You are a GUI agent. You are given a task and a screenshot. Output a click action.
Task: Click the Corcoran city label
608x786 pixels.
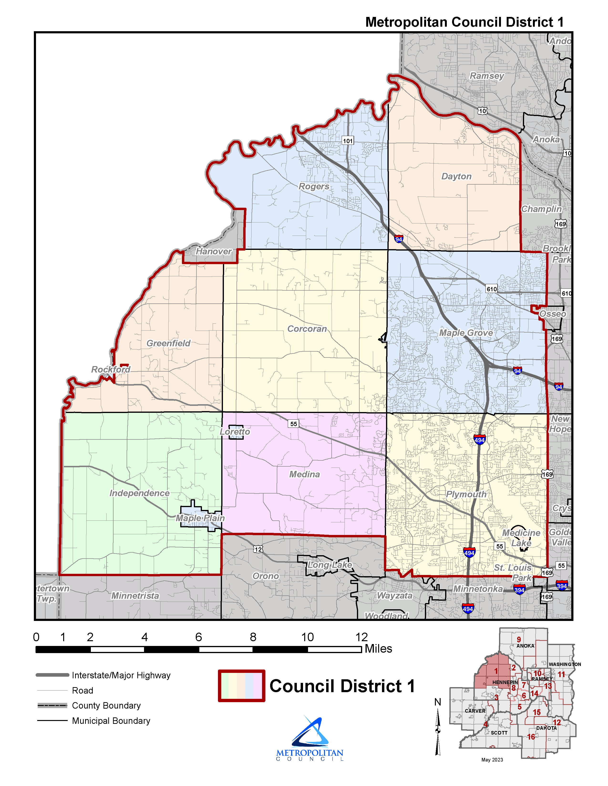pos(307,329)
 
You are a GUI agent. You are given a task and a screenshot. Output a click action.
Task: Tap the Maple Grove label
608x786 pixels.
pos(466,333)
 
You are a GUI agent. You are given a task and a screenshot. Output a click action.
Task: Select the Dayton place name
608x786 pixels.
pos(456,176)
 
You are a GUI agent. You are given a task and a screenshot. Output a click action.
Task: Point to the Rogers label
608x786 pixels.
pos(314,186)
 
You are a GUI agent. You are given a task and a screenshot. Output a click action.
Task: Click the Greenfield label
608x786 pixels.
pos(168,343)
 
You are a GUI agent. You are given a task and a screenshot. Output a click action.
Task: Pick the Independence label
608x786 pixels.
pos(139,493)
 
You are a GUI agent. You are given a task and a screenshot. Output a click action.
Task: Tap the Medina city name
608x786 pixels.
pos(304,474)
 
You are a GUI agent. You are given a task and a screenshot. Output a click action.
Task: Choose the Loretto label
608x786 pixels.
pos(235,432)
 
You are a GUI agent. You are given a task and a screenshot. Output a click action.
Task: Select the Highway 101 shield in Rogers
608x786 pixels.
pos(348,141)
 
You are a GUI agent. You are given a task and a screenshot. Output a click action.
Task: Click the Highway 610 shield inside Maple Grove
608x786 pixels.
pos(492,289)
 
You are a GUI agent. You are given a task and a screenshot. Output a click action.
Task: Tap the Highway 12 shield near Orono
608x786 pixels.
pos(258,549)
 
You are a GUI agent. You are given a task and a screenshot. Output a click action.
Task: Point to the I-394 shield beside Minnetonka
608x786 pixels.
pos(519,590)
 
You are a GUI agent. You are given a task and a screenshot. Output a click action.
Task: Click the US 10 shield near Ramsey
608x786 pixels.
pos(482,111)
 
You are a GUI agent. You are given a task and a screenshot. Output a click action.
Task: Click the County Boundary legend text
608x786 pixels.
pos(106,706)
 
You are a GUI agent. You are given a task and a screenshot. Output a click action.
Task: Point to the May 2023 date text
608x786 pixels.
pos(492,760)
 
